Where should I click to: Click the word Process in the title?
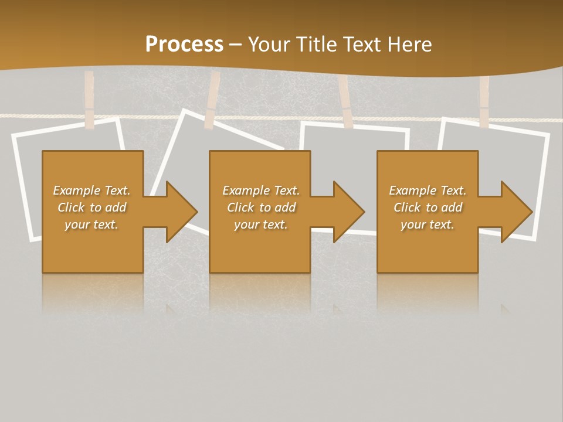coord(184,45)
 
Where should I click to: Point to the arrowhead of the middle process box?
coord(348,212)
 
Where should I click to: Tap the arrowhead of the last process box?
coord(515,212)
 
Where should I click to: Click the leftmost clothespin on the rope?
coord(89,100)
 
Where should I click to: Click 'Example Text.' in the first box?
coord(91,190)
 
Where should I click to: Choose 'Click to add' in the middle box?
coord(261,207)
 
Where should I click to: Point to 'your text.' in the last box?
coord(428,224)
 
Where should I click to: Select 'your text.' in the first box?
coord(91,224)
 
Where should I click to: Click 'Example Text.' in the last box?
coord(428,190)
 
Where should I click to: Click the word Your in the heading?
coord(268,45)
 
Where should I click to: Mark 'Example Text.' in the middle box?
coord(261,190)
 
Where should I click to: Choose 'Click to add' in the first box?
coord(91,207)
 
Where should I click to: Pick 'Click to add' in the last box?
coord(428,207)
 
